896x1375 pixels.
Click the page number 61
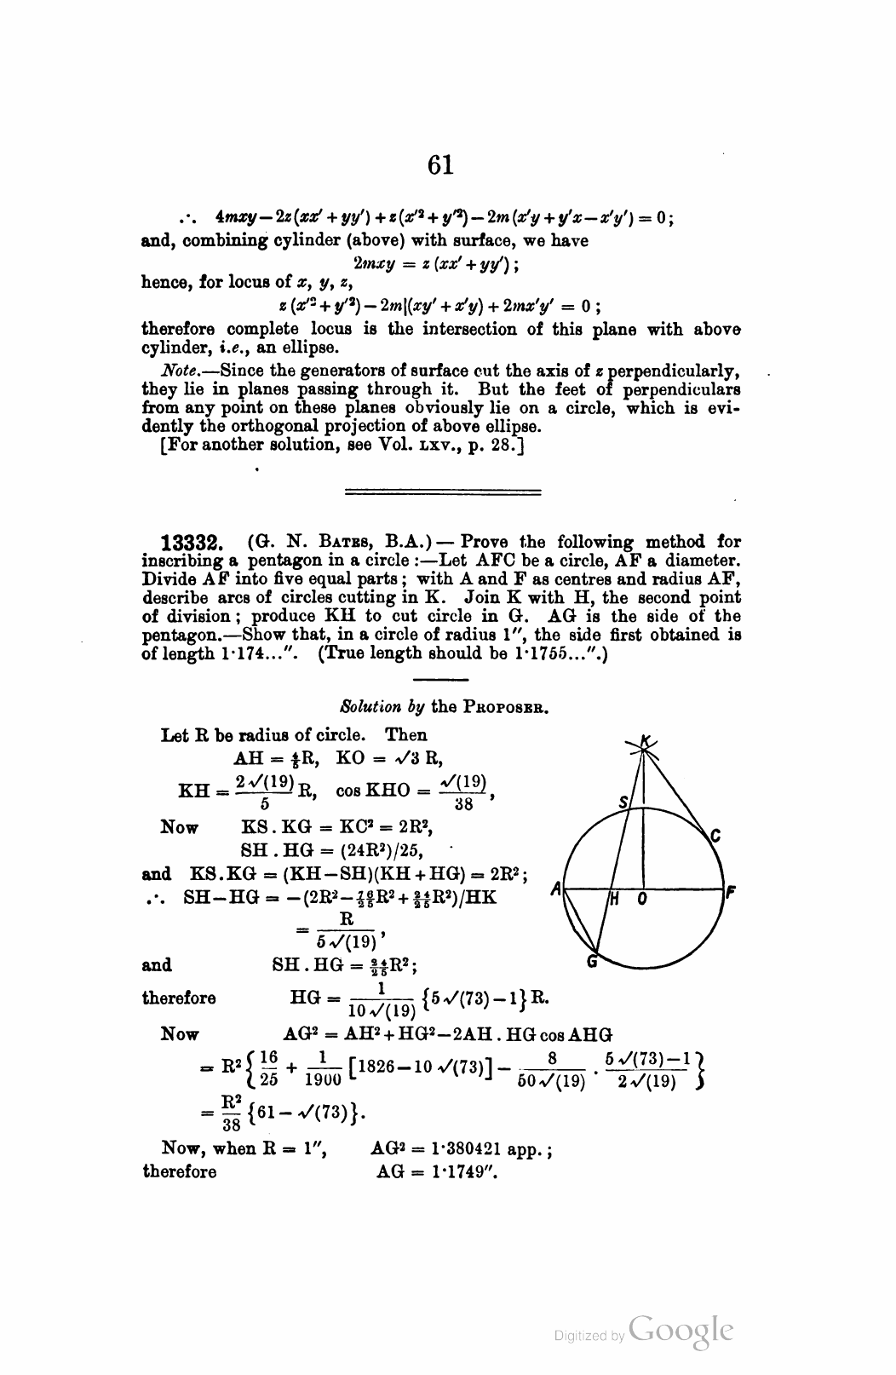440,164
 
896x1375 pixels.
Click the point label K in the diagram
646,744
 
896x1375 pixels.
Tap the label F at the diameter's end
731,894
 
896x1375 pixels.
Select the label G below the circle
594,963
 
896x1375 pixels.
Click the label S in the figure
623,802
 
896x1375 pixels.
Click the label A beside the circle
555,889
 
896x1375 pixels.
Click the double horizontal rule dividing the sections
441,492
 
